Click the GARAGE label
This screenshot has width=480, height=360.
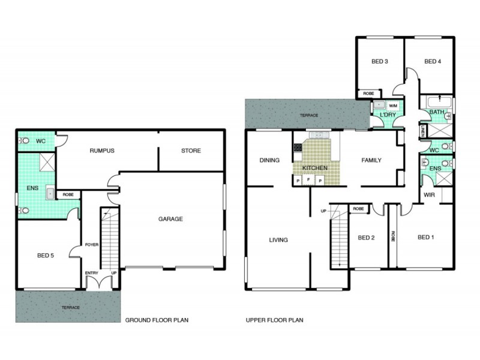[x=170, y=219]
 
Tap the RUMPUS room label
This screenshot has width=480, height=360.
[x=102, y=151]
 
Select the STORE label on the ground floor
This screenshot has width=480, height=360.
[x=191, y=151]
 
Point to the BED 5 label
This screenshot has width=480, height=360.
[x=44, y=255]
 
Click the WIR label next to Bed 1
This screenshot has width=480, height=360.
[x=429, y=194]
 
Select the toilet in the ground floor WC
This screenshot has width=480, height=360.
[x=24, y=140]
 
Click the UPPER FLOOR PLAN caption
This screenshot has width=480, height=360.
[x=274, y=320]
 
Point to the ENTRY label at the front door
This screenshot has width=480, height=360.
[x=91, y=273]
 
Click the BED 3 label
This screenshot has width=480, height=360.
[x=379, y=61]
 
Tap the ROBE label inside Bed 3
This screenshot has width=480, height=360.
[x=368, y=94]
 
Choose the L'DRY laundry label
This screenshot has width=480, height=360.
[x=382, y=114]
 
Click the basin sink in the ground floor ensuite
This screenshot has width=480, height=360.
[x=50, y=193]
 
